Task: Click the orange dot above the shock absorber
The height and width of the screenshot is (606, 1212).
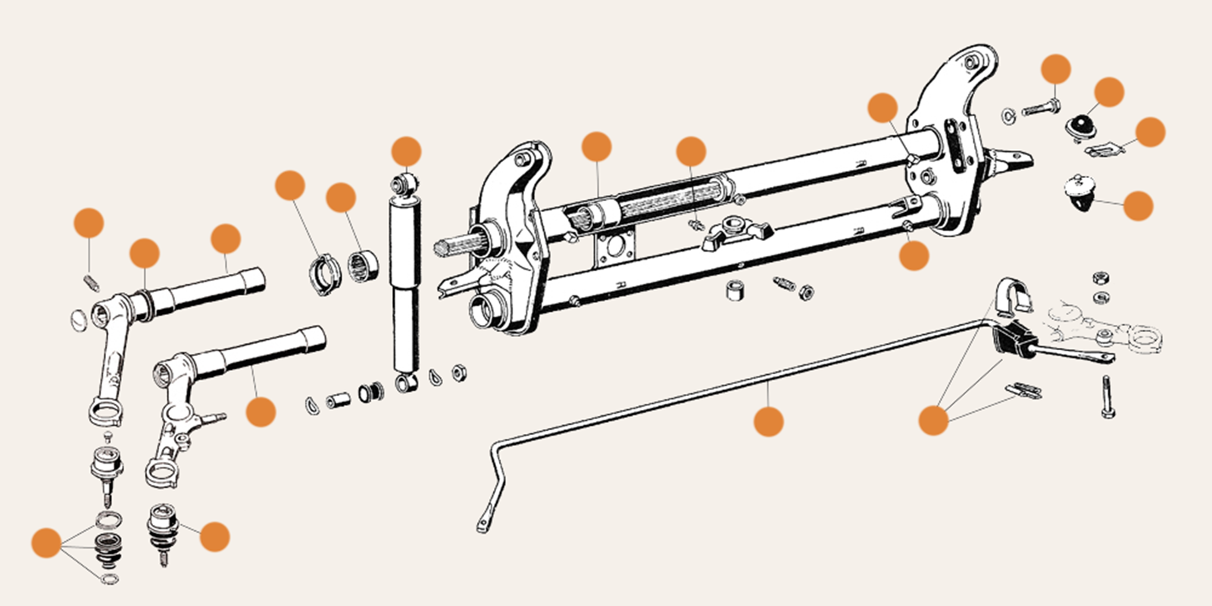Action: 407,151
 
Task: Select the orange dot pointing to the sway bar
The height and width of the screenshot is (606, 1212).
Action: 769,420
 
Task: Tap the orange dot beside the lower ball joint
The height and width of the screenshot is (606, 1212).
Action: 214,536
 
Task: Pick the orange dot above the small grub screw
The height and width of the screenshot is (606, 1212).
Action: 89,223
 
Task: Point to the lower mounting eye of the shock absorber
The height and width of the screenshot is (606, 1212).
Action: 405,383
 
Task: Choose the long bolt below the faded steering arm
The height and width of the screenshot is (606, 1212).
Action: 1108,397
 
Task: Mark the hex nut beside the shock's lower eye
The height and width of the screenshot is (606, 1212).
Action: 458,372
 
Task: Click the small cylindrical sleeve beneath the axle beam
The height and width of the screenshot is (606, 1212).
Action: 733,290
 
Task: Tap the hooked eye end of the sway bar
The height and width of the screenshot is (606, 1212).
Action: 484,524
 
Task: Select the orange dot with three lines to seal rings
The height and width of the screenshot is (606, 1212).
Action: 46,543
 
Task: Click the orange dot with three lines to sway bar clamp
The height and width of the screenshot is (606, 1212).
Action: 933,420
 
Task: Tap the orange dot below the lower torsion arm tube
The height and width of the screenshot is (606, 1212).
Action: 261,412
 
